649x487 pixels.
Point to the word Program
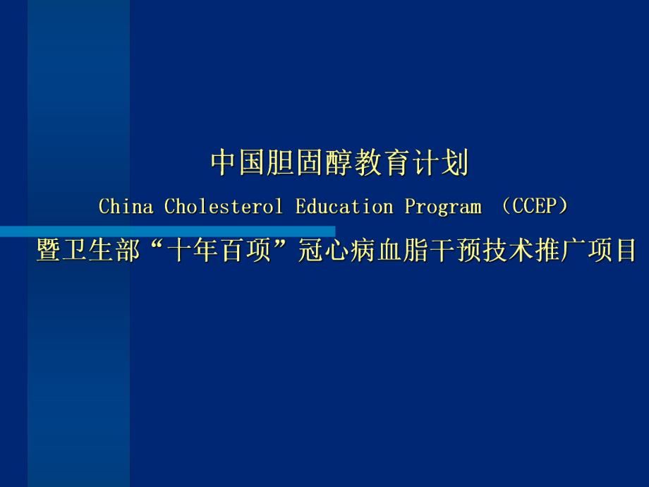tap(443, 208)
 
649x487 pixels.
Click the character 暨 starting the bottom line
tap(48, 251)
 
